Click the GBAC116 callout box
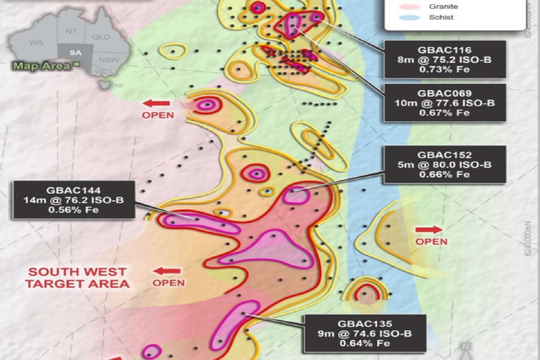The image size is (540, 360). pyautogui.click(x=444, y=60)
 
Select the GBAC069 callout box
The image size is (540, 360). pyautogui.click(x=444, y=103)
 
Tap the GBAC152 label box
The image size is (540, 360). pyautogui.click(x=444, y=165)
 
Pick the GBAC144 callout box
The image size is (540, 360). pyautogui.click(x=73, y=200)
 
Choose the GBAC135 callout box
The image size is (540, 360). pyautogui.click(x=364, y=333)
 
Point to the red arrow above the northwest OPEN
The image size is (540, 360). pyautogui.click(x=157, y=103)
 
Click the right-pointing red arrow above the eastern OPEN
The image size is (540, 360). pyautogui.click(x=429, y=229)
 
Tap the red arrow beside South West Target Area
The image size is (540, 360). pyautogui.click(x=167, y=271)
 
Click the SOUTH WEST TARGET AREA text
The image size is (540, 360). pyautogui.click(x=77, y=277)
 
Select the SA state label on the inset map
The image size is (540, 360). pyautogui.click(x=75, y=53)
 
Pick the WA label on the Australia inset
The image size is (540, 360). pyautogui.click(x=36, y=42)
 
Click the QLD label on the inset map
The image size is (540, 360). pyautogui.click(x=101, y=37)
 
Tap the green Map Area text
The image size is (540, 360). pyautogui.click(x=42, y=66)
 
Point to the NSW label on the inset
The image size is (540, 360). pyautogui.click(x=109, y=60)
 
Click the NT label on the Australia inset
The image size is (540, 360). pyautogui.click(x=71, y=31)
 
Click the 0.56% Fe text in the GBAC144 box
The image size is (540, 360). pyautogui.click(x=73, y=210)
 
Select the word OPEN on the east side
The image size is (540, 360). pyautogui.click(x=431, y=241)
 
